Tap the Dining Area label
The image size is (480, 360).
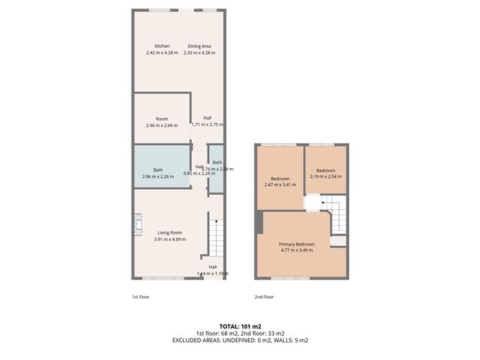click(200, 46)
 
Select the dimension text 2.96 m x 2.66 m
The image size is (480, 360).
click(161, 126)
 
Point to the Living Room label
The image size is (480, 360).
click(170, 232)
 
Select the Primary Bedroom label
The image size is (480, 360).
click(297, 244)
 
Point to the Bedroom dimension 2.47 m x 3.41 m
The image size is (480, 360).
click(280, 185)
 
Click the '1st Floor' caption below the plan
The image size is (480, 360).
click(139, 297)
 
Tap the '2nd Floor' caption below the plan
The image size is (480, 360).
click(264, 297)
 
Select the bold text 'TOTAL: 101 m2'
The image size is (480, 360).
click(239, 326)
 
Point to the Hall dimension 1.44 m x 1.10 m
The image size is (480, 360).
click(213, 273)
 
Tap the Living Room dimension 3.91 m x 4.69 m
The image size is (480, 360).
click(170, 239)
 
